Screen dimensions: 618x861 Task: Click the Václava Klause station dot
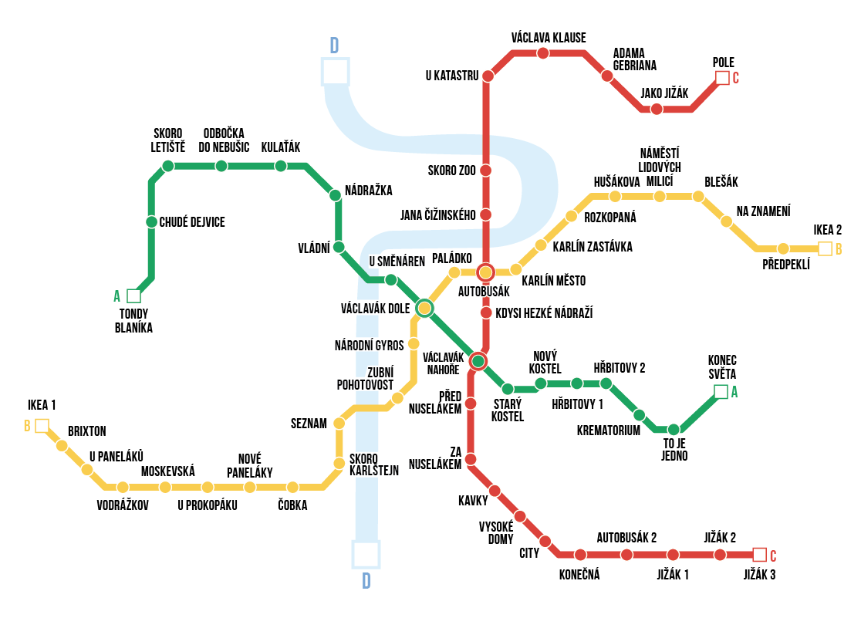[543, 53]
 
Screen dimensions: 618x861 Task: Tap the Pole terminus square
[722, 78]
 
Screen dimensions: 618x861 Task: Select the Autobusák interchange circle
[485, 272]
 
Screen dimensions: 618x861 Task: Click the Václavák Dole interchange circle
[424, 309]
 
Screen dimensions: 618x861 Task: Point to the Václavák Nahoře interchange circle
[478, 361]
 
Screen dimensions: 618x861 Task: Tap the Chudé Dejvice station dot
[152, 222]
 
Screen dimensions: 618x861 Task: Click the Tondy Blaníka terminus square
[134, 295]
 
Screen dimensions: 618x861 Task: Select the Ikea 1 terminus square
[42, 426]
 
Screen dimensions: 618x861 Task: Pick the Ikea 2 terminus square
[825, 248]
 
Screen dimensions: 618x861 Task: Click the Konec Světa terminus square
[721, 392]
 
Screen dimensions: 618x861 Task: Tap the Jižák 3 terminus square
[759, 555]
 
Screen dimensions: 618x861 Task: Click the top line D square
[336, 72]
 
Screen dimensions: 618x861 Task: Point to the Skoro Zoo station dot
[486, 171]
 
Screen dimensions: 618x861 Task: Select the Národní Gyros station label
[369, 345]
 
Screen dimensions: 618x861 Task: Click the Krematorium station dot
[639, 415]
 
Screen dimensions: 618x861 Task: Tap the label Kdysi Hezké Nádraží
[543, 312]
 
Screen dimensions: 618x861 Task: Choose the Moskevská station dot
[165, 487]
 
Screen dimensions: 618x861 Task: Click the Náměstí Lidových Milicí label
[659, 167]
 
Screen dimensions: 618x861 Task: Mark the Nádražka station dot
[335, 195]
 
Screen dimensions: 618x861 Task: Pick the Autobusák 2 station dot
[626, 555]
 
